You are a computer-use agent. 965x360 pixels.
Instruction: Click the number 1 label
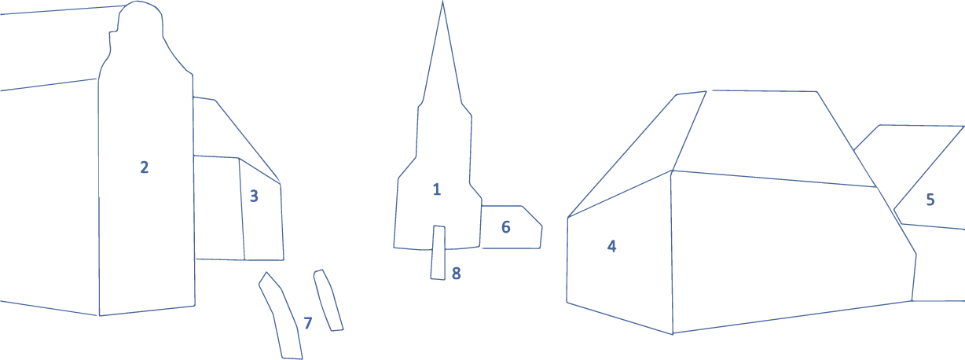click(x=437, y=189)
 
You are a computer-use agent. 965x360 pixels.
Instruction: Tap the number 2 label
click(x=145, y=167)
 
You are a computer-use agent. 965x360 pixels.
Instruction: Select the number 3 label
click(x=254, y=197)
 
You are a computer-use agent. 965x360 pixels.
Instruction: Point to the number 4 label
click(x=611, y=246)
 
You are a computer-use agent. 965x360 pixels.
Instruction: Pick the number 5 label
click(x=930, y=200)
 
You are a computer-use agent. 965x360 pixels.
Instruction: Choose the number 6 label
click(x=506, y=227)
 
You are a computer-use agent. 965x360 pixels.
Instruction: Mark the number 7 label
click(x=307, y=323)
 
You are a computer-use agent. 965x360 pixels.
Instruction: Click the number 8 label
click(x=457, y=274)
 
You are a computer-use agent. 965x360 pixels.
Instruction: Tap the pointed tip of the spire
click(x=442, y=2)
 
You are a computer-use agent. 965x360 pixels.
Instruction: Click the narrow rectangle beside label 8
click(x=438, y=252)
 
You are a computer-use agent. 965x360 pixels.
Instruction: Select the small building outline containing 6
click(x=512, y=227)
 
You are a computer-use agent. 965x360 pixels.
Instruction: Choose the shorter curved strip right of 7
click(x=328, y=300)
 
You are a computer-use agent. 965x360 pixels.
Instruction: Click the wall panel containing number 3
click(x=261, y=211)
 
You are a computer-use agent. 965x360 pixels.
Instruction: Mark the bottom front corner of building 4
click(x=673, y=333)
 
